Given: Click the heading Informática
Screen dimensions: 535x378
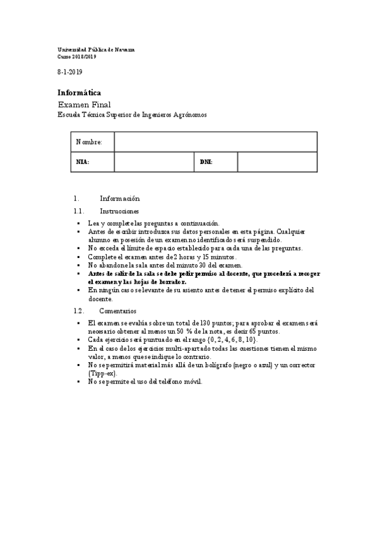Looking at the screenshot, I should pos(79,92).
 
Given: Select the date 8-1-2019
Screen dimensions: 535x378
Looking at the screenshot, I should pos(70,72).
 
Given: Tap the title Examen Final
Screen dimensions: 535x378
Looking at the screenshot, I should pos(84,104).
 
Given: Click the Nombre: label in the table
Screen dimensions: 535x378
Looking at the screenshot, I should pos(89,142).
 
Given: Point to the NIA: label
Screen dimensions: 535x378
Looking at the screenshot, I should pos(83,162).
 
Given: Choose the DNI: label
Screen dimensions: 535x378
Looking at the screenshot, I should pos(206,162).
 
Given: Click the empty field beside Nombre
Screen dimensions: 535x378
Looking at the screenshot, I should pos(215,142).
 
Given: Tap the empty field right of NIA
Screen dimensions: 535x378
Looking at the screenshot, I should pos(153,162).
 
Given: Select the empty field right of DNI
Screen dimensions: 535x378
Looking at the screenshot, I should pos(277,162).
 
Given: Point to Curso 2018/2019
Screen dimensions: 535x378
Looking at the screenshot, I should pos(77,56).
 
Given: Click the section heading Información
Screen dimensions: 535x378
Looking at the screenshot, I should pos(120,198).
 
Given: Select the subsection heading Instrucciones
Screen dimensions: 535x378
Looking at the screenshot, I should pos(120,211).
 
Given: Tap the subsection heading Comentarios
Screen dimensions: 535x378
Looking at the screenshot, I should pos(117,311).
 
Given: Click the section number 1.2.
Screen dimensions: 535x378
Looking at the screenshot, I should pos(79,311).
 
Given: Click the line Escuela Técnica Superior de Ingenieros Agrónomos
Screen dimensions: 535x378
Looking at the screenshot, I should pos(132,115).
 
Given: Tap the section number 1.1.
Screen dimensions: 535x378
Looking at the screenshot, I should pos(79,211).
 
